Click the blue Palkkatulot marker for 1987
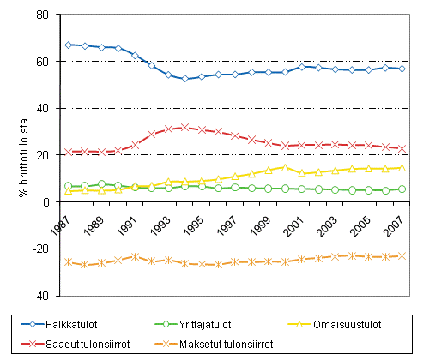[69, 45]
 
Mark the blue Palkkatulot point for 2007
[402, 69]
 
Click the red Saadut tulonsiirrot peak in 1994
[184, 127]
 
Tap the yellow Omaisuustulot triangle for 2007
[402, 168]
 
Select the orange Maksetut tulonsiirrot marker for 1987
[69, 262]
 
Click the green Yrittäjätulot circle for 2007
[402, 189]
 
